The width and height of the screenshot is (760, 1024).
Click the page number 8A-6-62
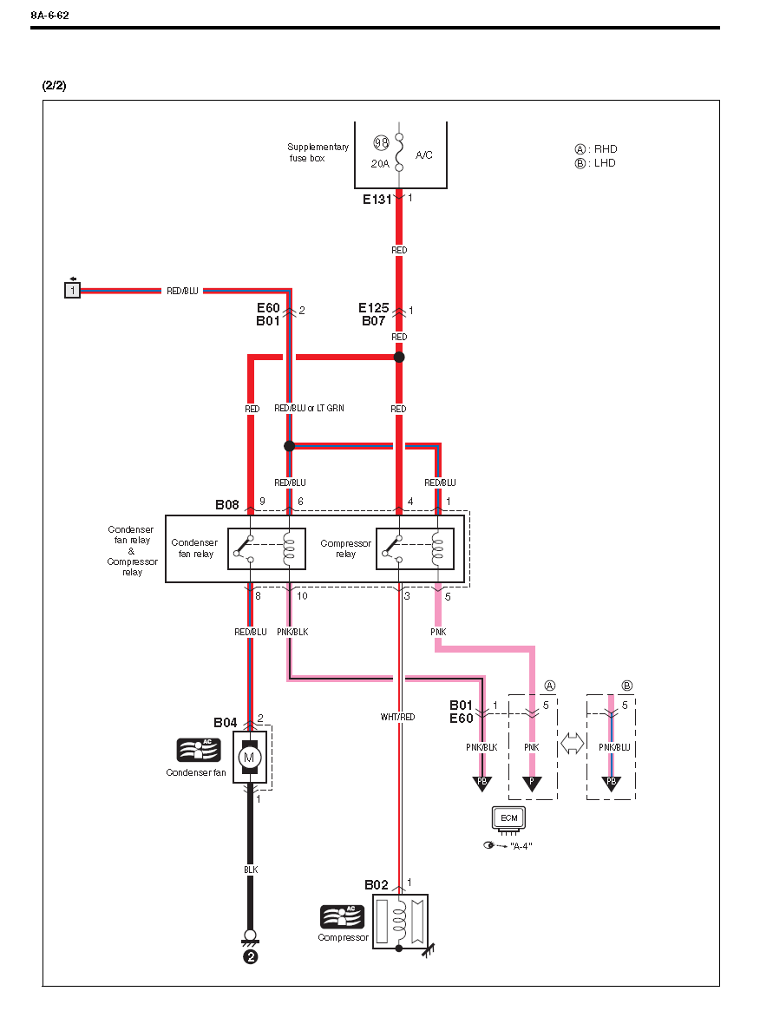(x=49, y=16)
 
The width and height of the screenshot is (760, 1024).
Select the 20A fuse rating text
(x=380, y=163)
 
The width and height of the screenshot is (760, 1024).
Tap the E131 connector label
(x=378, y=199)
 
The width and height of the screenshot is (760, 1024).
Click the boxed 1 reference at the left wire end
(x=73, y=290)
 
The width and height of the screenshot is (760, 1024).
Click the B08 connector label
(x=227, y=503)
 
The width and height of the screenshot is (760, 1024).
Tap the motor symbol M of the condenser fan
(x=250, y=758)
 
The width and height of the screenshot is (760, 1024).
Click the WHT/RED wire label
(x=397, y=718)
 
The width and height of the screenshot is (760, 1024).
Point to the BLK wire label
(x=250, y=869)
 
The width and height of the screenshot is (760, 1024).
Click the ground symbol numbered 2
(x=250, y=957)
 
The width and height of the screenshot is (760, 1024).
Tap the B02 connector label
(x=377, y=884)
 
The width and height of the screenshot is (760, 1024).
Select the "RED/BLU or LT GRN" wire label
(x=310, y=408)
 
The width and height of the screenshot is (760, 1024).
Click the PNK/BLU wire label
(x=614, y=746)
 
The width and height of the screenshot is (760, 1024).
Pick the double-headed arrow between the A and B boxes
(x=572, y=745)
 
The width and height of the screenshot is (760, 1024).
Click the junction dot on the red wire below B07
(x=399, y=357)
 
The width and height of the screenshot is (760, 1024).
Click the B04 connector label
(x=226, y=722)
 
